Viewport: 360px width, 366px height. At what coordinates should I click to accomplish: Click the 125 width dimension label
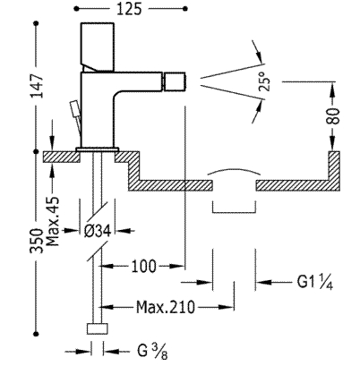[x=129, y=9]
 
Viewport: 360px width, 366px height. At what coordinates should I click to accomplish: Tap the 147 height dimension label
[x=38, y=86]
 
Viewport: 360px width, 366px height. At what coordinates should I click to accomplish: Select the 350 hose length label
[x=36, y=241]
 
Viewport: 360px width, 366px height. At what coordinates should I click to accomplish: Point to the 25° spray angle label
[x=265, y=81]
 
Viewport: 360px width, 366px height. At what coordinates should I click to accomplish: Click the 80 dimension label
[x=332, y=116]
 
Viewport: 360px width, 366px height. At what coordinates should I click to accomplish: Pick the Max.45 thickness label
[x=53, y=221]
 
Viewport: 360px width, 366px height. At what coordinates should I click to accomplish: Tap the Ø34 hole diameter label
[x=98, y=231]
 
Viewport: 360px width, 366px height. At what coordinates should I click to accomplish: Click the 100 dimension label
[x=143, y=266]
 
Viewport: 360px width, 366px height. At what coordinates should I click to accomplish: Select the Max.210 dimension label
[x=166, y=307]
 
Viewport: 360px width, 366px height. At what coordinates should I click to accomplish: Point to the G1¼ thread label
[x=315, y=282]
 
